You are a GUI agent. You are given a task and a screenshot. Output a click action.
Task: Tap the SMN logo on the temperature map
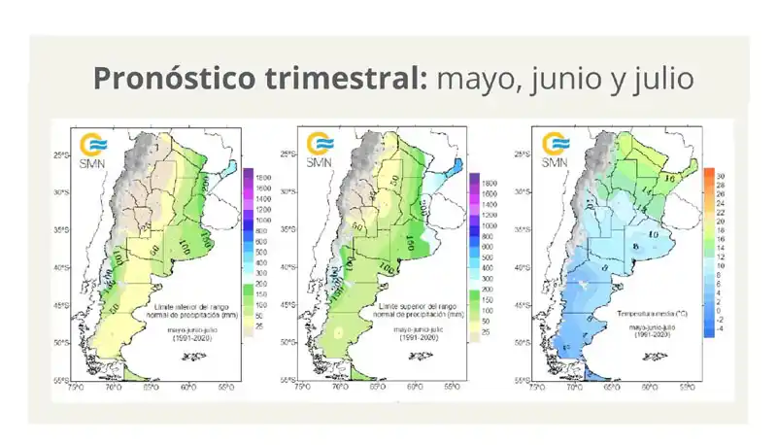[x=555, y=150]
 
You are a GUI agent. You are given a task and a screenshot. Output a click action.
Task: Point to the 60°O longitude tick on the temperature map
[x=648, y=387]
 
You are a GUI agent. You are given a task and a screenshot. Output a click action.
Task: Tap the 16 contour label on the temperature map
[x=669, y=179]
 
